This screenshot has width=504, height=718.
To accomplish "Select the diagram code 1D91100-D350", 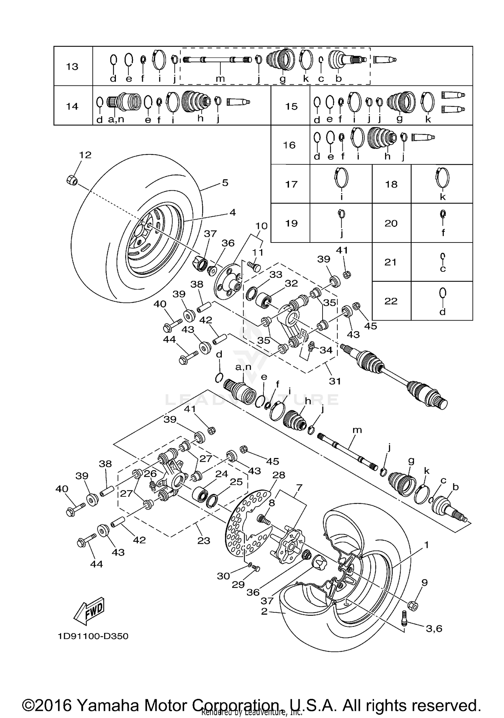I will click(93, 636).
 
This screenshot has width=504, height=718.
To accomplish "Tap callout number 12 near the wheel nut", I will click(85, 155).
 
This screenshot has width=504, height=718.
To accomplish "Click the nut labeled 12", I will click(72, 180).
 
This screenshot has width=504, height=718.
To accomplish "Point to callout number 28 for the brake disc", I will click(279, 475).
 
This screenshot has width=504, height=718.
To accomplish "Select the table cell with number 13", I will click(72, 67).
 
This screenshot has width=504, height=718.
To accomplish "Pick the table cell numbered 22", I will click(391, 301).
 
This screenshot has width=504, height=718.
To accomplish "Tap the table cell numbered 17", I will click(291, 184).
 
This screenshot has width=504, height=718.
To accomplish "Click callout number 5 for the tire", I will click(225, 183).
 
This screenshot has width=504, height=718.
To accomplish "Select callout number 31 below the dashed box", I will click(335, 381).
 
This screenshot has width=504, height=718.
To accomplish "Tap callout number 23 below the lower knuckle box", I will click(204, 540).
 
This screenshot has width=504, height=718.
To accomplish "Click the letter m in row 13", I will click(220, 79).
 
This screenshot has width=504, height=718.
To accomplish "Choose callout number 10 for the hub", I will click(261, 226).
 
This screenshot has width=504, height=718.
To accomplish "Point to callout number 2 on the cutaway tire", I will click(264, 611).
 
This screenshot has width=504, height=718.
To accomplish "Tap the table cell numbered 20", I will click(391, 223).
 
